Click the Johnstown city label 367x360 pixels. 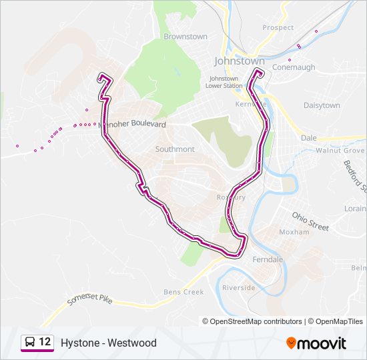239,61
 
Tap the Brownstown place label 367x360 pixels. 186,37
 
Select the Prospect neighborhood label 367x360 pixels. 278,27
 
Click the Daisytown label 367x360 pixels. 322,105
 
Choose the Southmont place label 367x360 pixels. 175,149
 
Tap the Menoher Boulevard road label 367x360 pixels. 132,124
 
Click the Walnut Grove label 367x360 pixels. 338,151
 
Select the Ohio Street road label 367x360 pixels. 310,221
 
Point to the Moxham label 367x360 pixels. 294,232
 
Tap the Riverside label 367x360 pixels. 239,287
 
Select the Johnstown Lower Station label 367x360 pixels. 224,82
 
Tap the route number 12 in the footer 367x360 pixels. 45,342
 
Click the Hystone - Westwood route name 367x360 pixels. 108,343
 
